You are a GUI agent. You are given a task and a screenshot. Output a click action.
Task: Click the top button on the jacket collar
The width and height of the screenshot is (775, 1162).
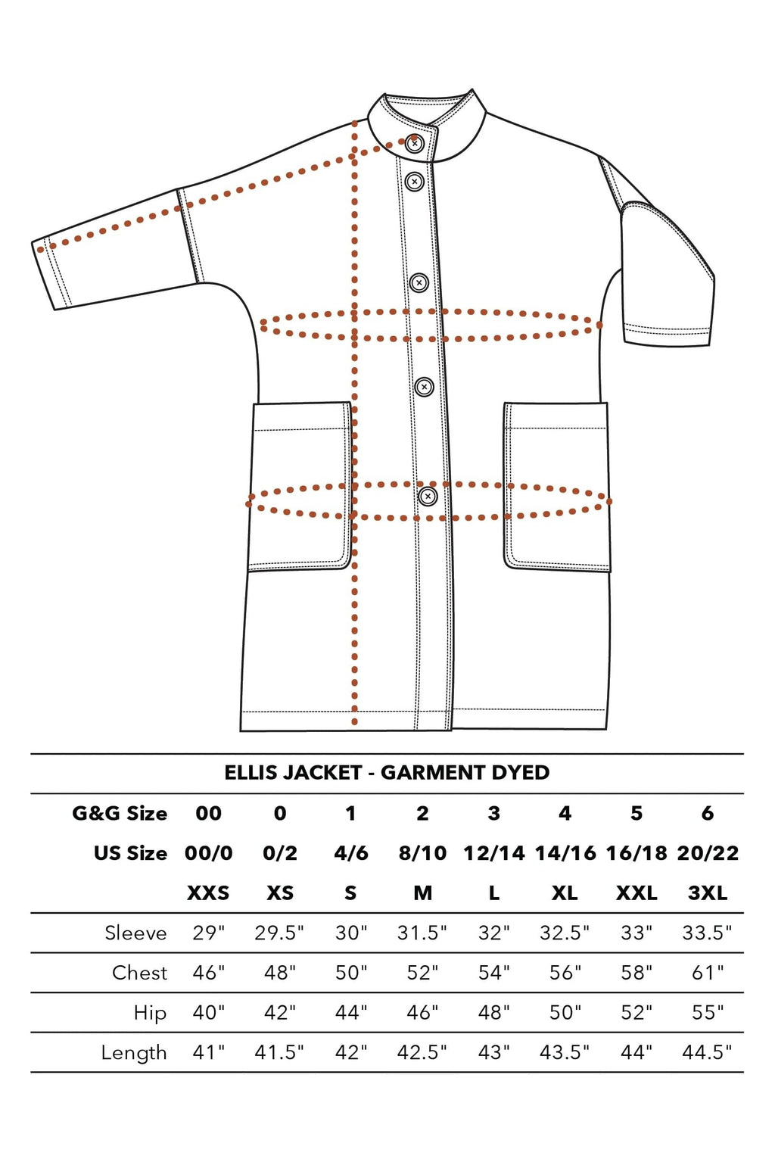(x=415, y=143)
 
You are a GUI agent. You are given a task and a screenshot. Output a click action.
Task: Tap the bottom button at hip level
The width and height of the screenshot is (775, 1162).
(x=428, y=497)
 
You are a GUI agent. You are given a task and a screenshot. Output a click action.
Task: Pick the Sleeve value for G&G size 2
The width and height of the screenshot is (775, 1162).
(x=422, y=932)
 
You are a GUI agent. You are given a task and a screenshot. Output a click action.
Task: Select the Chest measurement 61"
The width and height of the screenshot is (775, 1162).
(x=708, y=972)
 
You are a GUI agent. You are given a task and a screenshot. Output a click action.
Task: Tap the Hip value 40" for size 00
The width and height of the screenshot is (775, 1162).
(x=209, y=1012)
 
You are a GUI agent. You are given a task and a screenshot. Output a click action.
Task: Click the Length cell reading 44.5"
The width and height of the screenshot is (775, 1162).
(x=707, y=1052)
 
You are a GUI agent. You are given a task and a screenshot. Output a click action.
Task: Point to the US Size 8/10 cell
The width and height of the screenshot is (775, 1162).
(x=423, y=853)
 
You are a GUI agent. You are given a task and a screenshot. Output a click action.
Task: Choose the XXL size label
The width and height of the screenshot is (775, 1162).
(x=636, y=893)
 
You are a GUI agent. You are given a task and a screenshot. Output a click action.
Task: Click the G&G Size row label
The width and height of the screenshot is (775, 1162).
(x=120, y=813)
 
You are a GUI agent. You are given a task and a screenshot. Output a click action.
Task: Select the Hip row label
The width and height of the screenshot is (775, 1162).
(x=150, y=1013)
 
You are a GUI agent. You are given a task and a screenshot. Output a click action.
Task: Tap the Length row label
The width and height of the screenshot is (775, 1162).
(x=134, y=1053)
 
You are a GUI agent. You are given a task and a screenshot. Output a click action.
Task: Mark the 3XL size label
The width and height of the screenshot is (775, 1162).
(x=708, y=893)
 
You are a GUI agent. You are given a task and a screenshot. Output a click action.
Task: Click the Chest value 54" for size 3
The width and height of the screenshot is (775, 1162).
(x=494, y=972)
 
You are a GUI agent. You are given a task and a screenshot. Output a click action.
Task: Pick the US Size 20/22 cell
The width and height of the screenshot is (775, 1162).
(x=708, y=853)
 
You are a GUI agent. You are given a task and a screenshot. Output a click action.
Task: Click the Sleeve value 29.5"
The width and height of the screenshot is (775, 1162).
(x=279, y=932)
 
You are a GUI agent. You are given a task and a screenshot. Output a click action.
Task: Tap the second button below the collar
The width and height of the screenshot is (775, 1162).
(x=415, y=182)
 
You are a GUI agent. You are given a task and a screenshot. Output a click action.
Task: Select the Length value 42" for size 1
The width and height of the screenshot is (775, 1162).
(x=351, y=1052)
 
